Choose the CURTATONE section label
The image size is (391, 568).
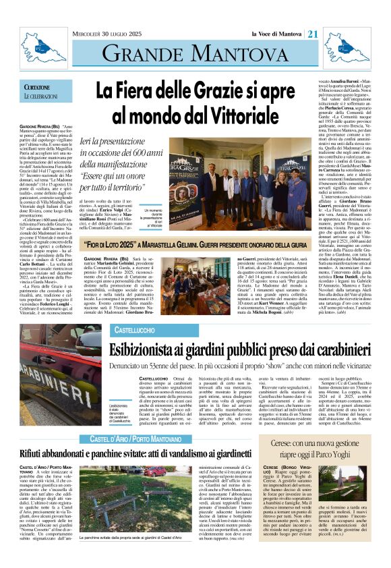(36, 88)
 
